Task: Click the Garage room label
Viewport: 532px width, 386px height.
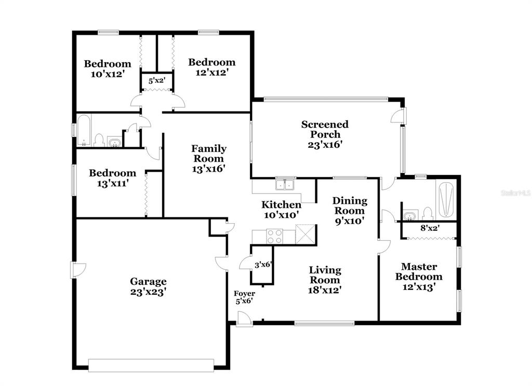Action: pyautogui.click(x=148, y=286)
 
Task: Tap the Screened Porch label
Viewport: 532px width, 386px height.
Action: pyautogui.click(x=325, y=134)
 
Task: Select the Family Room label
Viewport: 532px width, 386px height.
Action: pyautogui.click(x=209, y=158)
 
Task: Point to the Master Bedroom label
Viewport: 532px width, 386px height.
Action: pyautogui.click(x=419, y=277)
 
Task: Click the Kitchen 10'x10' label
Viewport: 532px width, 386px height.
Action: pyautogui.click(x=281, y=210)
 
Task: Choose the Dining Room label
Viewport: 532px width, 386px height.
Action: pyautogui.click(x=350, y=211)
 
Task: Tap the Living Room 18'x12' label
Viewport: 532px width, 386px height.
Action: pyautogui.click(x=325, y=280)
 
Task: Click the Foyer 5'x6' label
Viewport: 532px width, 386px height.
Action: pyautogui.click(x=244, y=297)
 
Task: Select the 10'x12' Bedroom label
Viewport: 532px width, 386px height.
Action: pyautogui.click(x=107, y=69)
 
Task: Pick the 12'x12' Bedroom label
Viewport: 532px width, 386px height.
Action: pyautogui.click(x=212, y=67)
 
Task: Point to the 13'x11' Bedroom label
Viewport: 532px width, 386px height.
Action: pyautogui.click(x=112, y=178)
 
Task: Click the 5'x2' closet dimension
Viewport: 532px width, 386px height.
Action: pyautogui.click(x=157, y=80)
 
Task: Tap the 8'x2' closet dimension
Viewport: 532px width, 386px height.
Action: pyautogui.click(x=430, y=228)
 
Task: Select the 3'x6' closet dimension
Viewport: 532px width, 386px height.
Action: pyautogui.click(x=263, y=264)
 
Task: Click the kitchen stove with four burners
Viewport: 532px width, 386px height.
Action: pyautogui.click(x=274, y=236)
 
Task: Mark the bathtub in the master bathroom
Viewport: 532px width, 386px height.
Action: pyautogui.click(x=445, y=200)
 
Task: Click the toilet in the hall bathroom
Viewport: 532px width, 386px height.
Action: pyautogui.click(x=99, y=140)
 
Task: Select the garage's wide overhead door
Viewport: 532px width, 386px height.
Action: pyautogui.click(x=151, y=365)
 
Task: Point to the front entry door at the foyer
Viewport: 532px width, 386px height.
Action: pyautogui.click(x=244, y=319)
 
